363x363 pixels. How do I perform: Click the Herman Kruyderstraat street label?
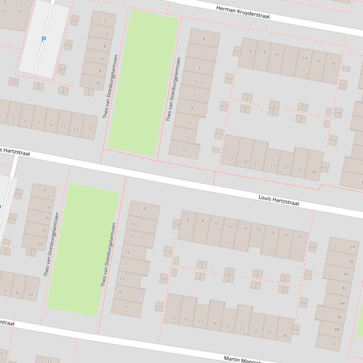click(243, 12)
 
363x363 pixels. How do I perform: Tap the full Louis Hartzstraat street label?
click(279, 200)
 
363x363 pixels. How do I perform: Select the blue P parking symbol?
click(44, 40)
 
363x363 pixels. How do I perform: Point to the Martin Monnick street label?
click(243, 360)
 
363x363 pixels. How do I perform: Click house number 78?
click(351, 262)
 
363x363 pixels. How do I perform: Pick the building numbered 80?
click(346, 274)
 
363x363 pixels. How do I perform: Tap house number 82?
click(344, 288)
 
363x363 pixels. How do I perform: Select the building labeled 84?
click(342, 303)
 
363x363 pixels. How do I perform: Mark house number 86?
click(339, 317)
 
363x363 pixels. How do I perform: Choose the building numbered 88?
click(337, 330)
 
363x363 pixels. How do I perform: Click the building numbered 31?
click(334, 343)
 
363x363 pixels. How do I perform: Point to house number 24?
click(352, 247)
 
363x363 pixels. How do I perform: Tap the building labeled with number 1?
click(201, 54)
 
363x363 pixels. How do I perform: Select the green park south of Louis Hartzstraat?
click(82, 250)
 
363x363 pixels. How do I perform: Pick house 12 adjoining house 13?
click(89, 128)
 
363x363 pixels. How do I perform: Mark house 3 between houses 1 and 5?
click(198, 68)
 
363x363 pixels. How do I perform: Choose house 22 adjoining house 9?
click(31, 295)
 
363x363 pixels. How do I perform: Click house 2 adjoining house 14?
click(45, 190)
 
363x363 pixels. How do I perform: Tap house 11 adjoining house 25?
click(126, 307)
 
